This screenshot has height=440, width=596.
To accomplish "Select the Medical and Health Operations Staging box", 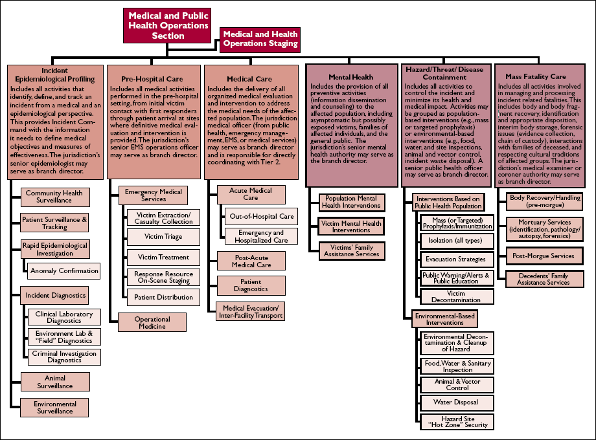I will point(260,39).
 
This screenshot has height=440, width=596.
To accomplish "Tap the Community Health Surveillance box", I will point(54,197).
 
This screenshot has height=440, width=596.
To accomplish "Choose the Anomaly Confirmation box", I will point(64,271).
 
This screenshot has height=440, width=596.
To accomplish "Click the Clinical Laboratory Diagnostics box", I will point(63,318).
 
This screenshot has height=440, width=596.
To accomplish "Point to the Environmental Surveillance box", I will point(54,408).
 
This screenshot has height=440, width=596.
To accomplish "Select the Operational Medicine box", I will point(152,323).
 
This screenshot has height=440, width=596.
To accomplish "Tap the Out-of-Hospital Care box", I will point(261,216).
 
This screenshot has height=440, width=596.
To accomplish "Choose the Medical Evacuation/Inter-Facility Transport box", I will point(250,311).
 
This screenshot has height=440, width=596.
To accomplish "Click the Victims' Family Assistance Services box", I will point(352,250).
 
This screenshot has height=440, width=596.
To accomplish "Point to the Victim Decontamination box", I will point(457,296).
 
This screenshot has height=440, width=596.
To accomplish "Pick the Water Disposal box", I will point(457,402).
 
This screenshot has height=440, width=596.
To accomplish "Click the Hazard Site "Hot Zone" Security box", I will point(457,423).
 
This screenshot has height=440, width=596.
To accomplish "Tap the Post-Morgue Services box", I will point(543,256).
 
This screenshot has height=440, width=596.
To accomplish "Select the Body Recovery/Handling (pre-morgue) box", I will point(545,201).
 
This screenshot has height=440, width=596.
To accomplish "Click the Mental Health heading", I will point(350,77).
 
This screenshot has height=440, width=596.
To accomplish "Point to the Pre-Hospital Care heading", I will point(151,79).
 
